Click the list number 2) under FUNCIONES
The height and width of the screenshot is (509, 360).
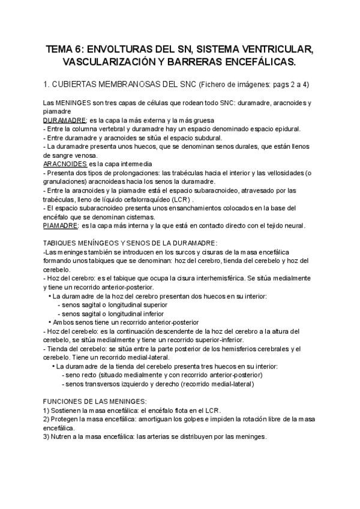[47, 418]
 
